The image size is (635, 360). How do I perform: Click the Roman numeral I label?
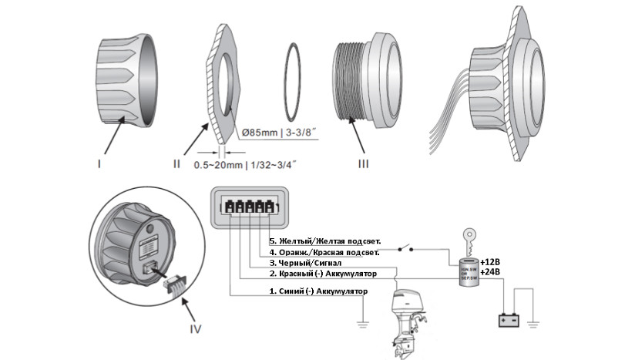pyautogui.click(x=99, y=163)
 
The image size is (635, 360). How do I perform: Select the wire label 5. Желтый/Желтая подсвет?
pyautogui.click(x=324, y=241)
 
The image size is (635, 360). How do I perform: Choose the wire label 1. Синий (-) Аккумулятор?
pyautogui.click(x=317, y=292)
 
